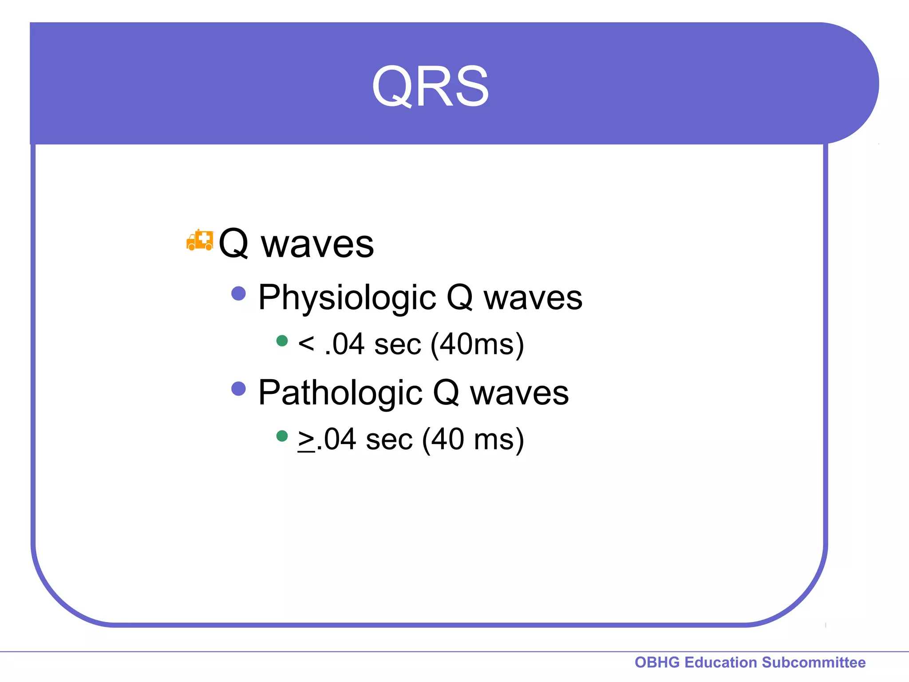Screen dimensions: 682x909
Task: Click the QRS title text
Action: click(x=430, y=86)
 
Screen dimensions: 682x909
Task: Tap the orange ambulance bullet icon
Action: click(x=200, y=240)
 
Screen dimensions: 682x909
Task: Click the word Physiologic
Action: click(x=347, y=297)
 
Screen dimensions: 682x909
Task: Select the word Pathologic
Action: click(x=340, y=393)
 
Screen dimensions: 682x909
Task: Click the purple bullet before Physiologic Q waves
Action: click(x=239, y=293)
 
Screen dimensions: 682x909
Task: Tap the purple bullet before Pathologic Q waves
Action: click(x=239, y=389)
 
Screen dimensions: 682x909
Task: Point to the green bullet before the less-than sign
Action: click(x=282, y=341)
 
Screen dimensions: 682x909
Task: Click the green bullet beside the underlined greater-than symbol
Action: click(x=282, y=436)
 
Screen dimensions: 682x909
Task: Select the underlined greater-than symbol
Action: click(x=306, y=440)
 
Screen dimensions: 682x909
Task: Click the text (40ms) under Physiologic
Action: click(x=477, y=344)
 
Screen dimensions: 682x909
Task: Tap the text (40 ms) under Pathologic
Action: click(x=473, y=440)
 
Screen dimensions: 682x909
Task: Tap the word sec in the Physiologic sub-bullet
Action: click(x=397, y=345)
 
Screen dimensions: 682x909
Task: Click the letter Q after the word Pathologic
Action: click(x=446, y=393)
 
